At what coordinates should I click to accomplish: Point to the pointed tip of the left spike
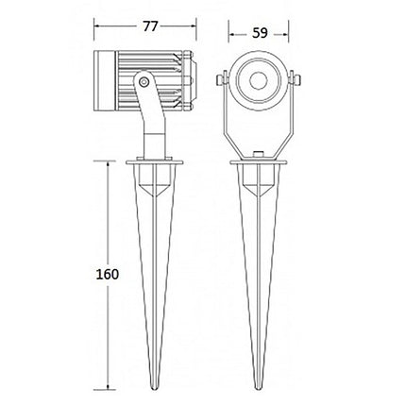tap(150, 388)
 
